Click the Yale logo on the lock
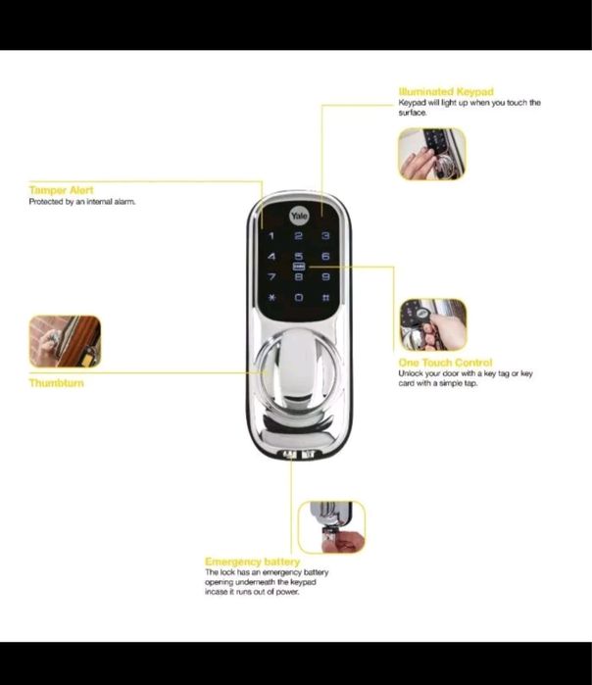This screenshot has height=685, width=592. (x=298, y=216)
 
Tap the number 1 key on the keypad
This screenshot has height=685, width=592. (x=271, y=236)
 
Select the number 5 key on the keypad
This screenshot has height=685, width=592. (x=298, y=257)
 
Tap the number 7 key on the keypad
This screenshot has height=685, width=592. (x=271, y=277)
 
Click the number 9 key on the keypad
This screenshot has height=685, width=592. (x=324, y=277)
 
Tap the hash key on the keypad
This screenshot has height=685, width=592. (x=324, y=297)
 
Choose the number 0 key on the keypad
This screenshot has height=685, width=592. (x=298, y=297)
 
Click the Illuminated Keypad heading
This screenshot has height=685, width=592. (x=446, y=92)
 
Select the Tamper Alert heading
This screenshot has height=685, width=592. (x=61, y=190)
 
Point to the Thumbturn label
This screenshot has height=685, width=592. (x=57, y=383)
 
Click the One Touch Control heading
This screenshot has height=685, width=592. (x=445, y=363)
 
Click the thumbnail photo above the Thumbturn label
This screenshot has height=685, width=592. (x=65, y=341)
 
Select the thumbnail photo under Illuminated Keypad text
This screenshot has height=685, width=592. (x=431, y=154)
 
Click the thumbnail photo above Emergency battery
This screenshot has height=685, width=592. (x=331, y=528)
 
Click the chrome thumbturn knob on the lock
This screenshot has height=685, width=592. (x=298, y=372)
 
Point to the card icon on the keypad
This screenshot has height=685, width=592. (x=298, y=267)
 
